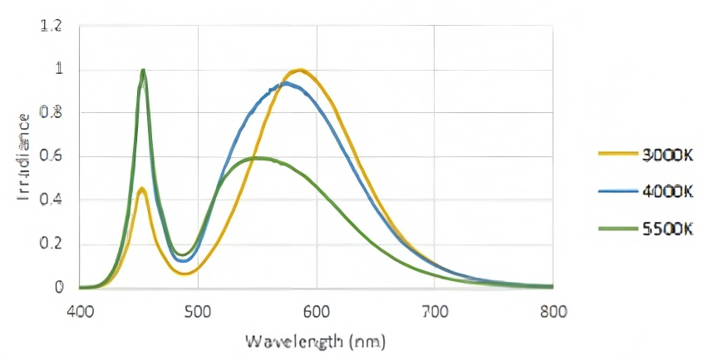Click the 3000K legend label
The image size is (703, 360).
[x=667, y=154]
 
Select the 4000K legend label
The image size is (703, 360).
[x=667, y=192]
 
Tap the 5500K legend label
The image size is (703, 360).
[x=667, y=230]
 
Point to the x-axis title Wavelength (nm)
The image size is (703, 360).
[x=315, y=341]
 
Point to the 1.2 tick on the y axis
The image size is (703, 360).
[x=52, y=26]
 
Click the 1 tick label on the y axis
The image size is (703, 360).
[x=58, y=69]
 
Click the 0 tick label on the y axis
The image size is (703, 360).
[x=58, y=288]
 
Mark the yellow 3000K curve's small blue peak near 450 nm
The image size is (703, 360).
[x=142, y=190]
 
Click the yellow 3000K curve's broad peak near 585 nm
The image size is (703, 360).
[x=299, y=70]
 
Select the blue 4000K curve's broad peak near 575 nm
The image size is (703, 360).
[x=285, y=83]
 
